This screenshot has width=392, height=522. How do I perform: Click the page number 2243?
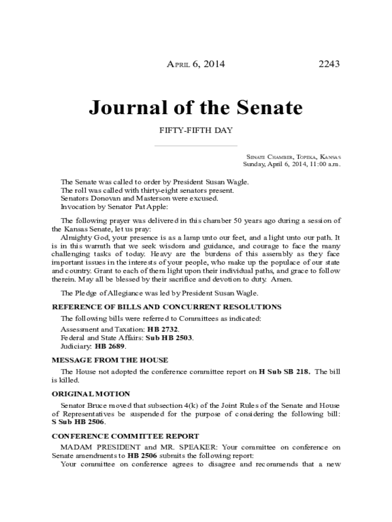(x=329, y=64)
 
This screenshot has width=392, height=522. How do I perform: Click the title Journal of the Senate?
(x=195, y=108)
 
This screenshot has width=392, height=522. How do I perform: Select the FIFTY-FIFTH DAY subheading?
(x=196, y=130)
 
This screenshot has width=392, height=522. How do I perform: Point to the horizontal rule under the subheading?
(x=196, y=146)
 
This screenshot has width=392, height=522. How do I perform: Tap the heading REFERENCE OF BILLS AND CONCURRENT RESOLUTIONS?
(x=166, y=307)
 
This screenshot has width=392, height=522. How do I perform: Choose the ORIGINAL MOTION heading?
(x=91, y=394)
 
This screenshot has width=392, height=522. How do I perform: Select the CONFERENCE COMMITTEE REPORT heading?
(x=125, y=436)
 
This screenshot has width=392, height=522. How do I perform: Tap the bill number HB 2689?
(x=110, y=346)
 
